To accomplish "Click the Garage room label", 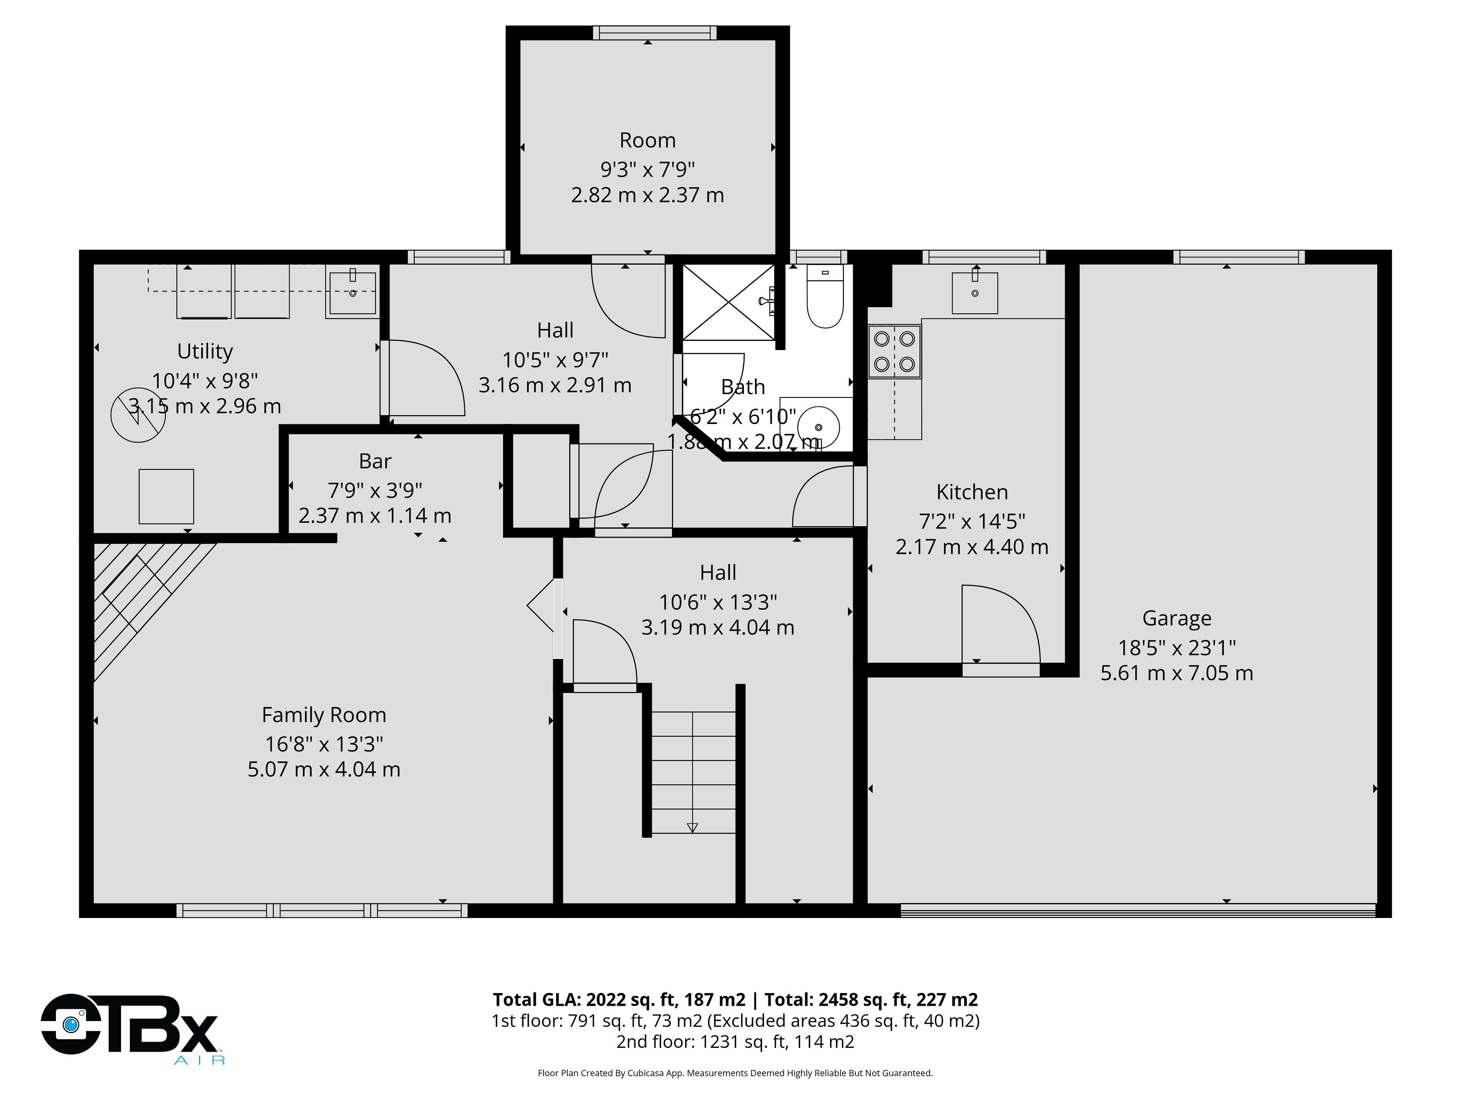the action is (1176, 618).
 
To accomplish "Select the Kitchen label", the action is (971, 492).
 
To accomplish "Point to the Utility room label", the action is (205, 351).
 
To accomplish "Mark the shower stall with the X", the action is (729, 303).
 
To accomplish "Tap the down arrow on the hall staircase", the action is (692, 828).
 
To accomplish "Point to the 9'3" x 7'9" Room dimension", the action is (648, 170).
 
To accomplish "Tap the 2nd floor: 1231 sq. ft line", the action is (735, 1041).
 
